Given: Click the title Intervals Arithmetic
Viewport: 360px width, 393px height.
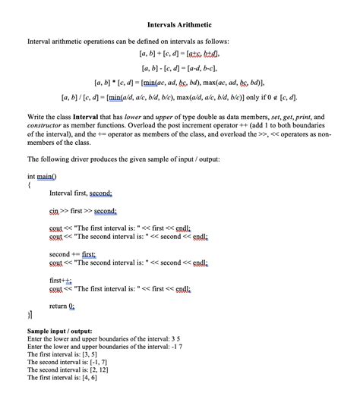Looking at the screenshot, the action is point(179,26).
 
